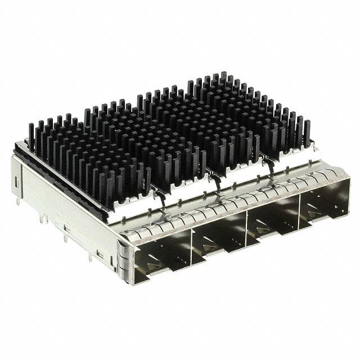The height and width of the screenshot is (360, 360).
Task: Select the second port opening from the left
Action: (219, 236)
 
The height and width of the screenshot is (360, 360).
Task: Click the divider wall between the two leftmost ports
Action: (191, 247)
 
